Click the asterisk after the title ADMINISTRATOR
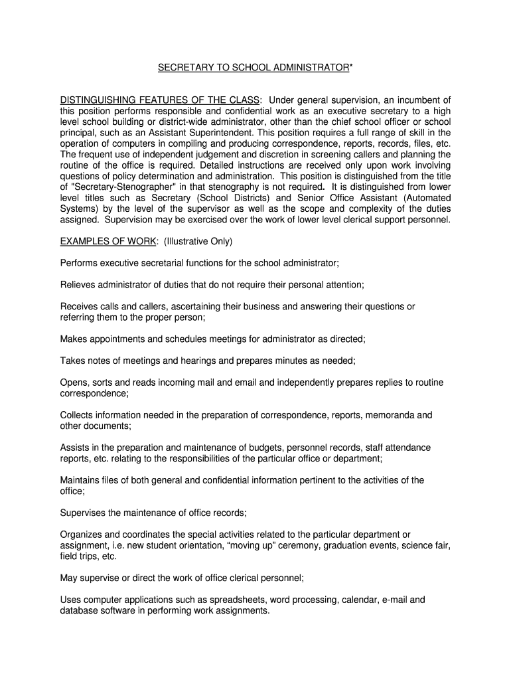[x=352, y=68]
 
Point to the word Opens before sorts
[x=74, y=382]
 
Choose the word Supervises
[x=85, y=513]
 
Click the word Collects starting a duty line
[x=78, y=415]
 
